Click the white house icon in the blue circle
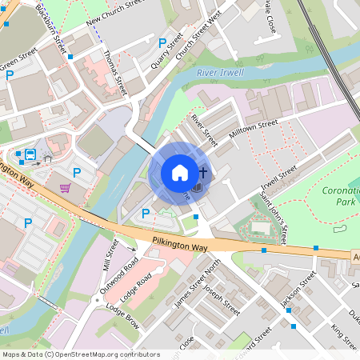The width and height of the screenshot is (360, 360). pyautogui.click(x=179, y=173)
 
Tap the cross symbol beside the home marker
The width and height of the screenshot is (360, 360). pyautogui.click(x=203, y=172)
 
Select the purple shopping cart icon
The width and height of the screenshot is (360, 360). pyautogui.click(x=65, y=188)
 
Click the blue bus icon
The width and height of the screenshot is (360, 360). pyautogui.click(x=30, y=154)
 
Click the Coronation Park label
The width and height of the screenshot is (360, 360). pyautogui.click(x=342, y=197)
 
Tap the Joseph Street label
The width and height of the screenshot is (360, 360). pyautogui.click(x=222, y=298)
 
